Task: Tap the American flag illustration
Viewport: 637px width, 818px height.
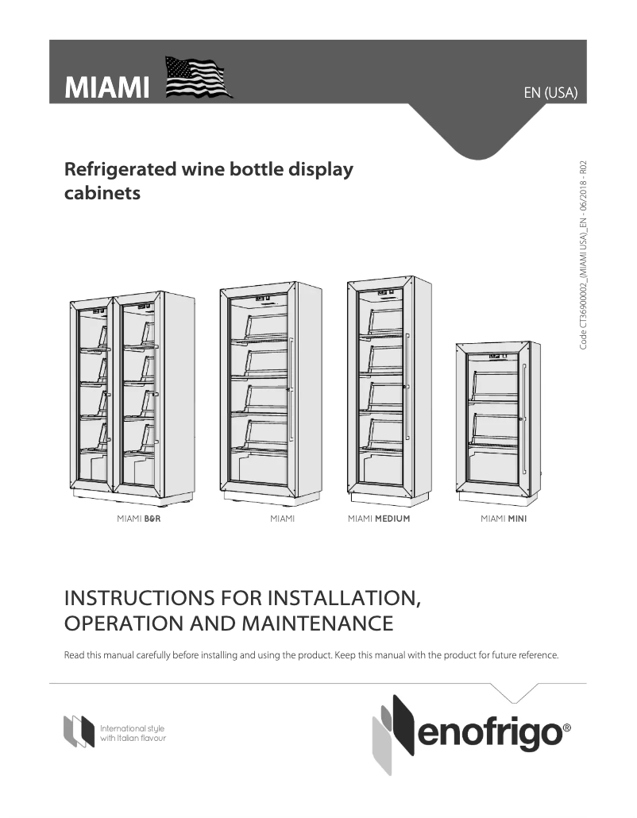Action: point(197,78)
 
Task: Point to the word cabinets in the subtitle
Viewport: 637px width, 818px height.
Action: point(102,193)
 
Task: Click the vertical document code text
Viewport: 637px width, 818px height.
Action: point(583,255)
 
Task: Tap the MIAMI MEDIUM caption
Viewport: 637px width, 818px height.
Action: point(379,519)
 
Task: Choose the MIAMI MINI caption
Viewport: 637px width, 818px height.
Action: point(504,519)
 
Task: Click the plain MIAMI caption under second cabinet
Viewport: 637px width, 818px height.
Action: point(282,519)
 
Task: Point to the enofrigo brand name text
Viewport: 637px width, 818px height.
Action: point(488,735)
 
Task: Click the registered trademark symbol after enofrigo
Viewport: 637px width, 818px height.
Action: point(566,727)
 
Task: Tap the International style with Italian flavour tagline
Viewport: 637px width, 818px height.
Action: point(133,733)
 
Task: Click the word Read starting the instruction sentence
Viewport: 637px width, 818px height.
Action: point(73,656)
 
